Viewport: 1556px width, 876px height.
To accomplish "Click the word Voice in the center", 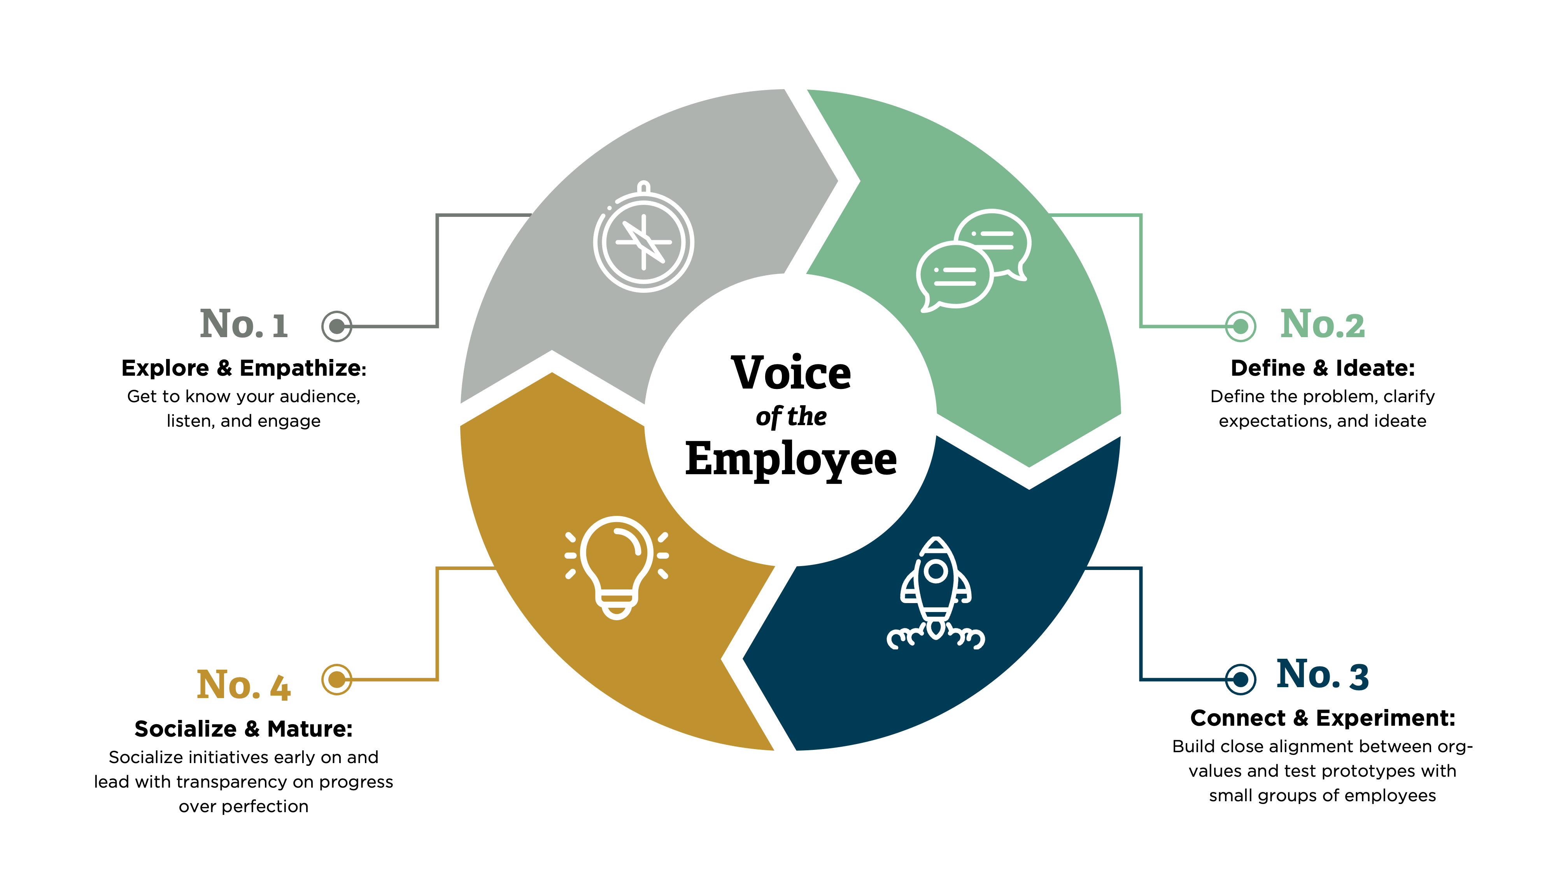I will (791, 373).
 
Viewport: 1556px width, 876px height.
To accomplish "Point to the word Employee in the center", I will (791, 459).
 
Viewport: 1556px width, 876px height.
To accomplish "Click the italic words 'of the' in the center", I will (791, 417).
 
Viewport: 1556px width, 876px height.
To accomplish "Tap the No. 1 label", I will (244, 324).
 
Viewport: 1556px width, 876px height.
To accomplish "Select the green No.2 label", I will (1322, 324).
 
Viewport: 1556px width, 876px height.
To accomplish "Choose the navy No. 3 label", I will (1322, 675).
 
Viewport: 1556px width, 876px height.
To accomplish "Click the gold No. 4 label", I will (244, 685).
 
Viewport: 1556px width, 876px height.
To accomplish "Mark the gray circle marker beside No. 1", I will (336, 327).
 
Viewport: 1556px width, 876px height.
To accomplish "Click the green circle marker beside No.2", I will (1241, 327).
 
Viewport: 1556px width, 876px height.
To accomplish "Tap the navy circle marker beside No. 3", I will (1241, 679).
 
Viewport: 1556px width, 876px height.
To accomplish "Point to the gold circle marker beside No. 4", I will (336, 679).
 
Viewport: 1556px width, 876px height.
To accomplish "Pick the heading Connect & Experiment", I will (1322, 718).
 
